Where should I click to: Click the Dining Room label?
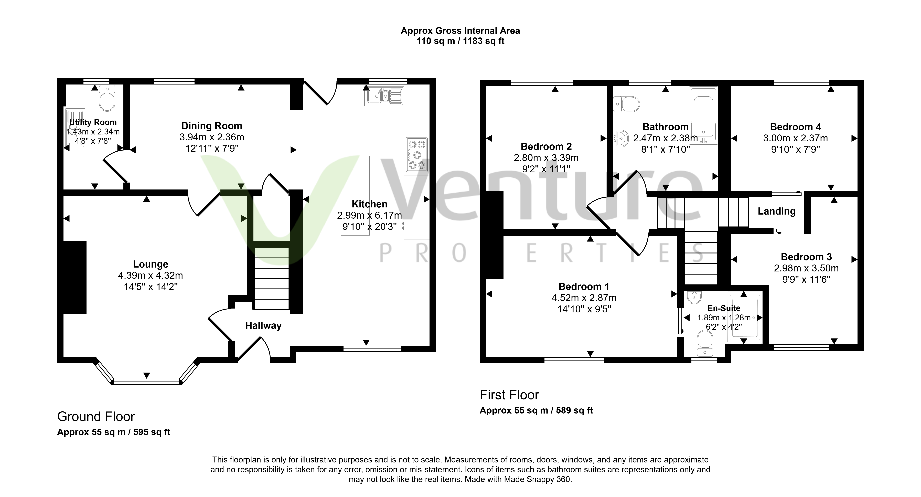[212, 126]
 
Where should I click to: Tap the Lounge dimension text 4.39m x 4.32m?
[151, 276]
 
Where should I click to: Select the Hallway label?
[263, 326]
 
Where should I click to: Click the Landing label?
[777, 211]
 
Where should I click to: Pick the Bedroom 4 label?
[796, 127]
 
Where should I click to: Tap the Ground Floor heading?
[96, 417]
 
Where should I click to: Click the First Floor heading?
[509, 395]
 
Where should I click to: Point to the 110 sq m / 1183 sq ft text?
[460, 41]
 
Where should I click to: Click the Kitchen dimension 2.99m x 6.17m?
[369, 215]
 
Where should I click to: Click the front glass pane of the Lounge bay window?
[147, 382]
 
